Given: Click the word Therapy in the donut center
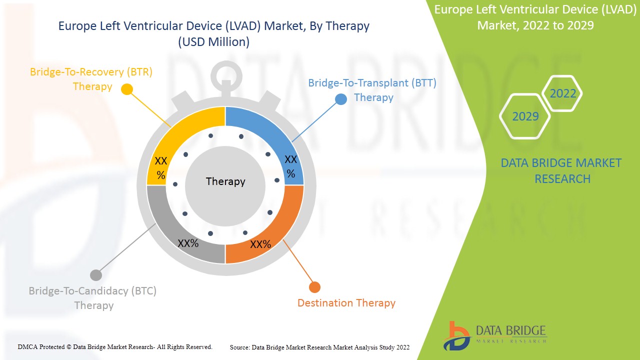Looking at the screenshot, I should tap(225, 181).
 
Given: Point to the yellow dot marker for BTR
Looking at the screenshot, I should tap(127, 89).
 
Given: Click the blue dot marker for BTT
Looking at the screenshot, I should tap(341, 99).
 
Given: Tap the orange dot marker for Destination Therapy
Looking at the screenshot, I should tap(314, 287).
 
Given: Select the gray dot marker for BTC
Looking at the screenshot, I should tap(96, 275).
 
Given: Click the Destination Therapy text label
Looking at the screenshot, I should tap(346, 303).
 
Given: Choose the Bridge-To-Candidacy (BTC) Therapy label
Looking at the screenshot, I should tap(92, 298).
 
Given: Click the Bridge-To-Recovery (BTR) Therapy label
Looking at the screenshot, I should tap(91, 79).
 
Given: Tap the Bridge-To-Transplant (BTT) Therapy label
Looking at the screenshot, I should tap(372, 90).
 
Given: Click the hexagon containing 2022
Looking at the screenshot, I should tap(563, 93).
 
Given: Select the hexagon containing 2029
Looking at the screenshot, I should tap(525, 116).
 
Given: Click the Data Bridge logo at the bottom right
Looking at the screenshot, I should tap(495, 335).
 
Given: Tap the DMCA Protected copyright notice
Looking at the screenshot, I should tap(115, 346).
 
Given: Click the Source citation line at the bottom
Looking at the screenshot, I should tap(320, 347).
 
